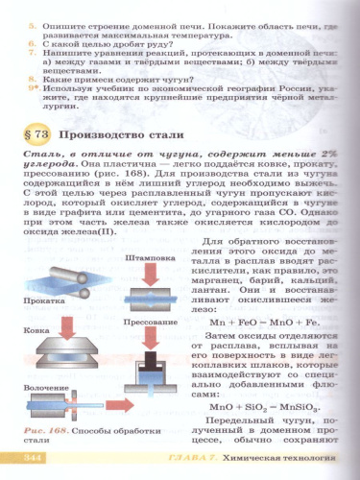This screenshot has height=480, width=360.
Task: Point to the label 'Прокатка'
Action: coord(47,300)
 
